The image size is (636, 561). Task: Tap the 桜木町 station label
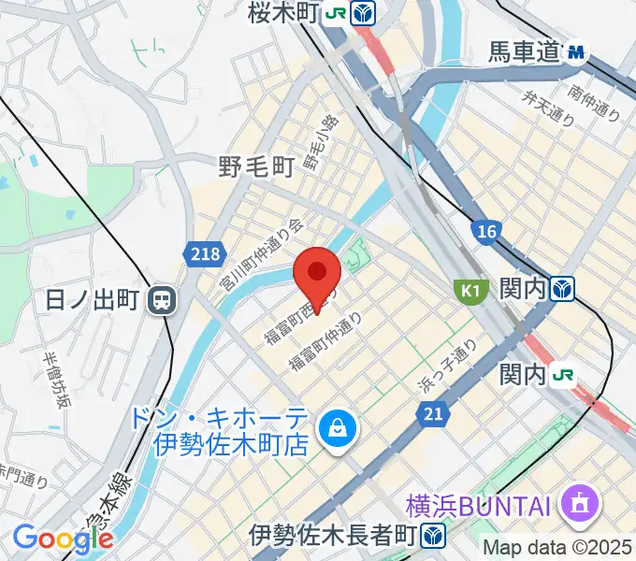[x=284, y=13]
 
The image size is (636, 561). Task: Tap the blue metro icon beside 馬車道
[x=575, y=53]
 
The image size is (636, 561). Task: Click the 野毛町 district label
[x=256, y=166]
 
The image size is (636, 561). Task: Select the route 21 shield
[x=432, y=411]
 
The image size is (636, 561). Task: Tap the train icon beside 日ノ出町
[x=163, y=300]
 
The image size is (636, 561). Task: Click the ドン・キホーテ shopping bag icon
[x=332, y=429]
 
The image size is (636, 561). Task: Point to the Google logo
[x=62, y=539]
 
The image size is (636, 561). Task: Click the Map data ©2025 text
[x=557, y=547]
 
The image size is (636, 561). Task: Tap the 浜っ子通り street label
[x=447, y=366]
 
